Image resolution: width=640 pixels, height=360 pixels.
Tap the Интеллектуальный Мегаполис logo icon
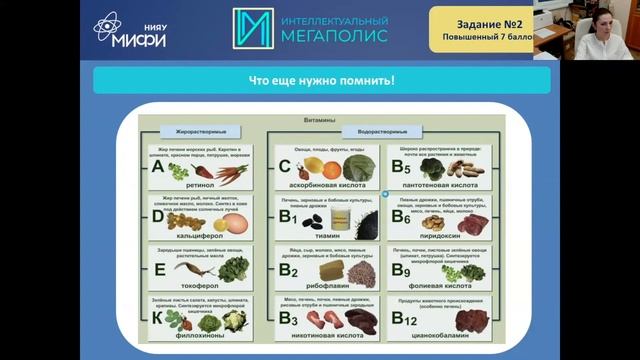pyautogui.click(x=252, y=29)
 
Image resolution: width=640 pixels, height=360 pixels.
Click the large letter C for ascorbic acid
pyautogui.click(x=285, y=167)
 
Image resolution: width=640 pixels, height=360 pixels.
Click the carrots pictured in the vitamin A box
pyautogui.click(x=228, y=172)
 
